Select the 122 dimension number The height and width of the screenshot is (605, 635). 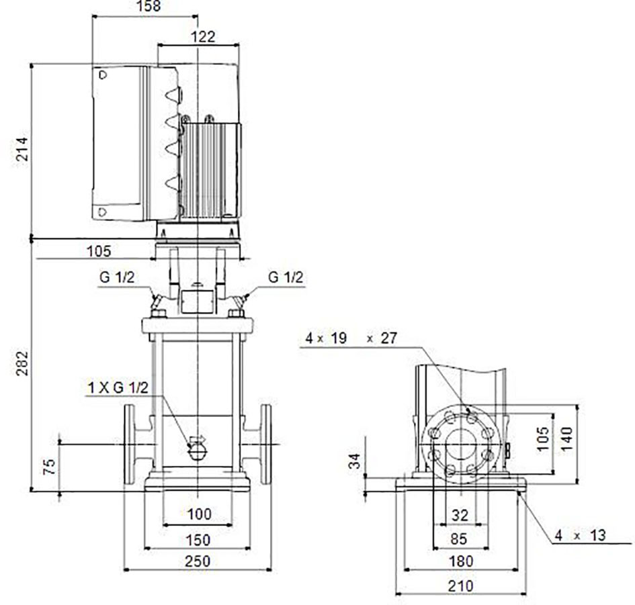click(x=202, y=37)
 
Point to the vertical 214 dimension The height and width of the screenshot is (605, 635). click(x=22, y=149)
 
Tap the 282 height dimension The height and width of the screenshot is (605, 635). click(x=22, y=363)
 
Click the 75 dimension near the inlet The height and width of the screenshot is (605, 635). click(x=49, y=467)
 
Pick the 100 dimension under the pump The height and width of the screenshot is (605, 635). click(x=199, y=514)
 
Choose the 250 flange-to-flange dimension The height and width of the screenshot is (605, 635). click(x=198, y=561)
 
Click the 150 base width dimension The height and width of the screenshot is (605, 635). click(x=198, y=539)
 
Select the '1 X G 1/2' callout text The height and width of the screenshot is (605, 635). click(x=118, y=387)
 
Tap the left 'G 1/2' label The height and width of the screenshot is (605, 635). click(x=117, y=277)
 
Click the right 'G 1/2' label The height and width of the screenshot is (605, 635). click(x=286, y=277)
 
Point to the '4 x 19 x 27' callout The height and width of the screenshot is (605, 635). click(x=351, y=338)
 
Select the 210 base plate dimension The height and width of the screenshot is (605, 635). click(x=460, y=585)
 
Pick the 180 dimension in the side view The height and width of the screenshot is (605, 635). click(x=461, y=561)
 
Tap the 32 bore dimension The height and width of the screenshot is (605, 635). click(x=460, y=515)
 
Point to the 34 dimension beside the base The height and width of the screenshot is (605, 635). click(x=355, y=461)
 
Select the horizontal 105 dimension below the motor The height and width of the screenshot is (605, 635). click(x=99, y=251)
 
